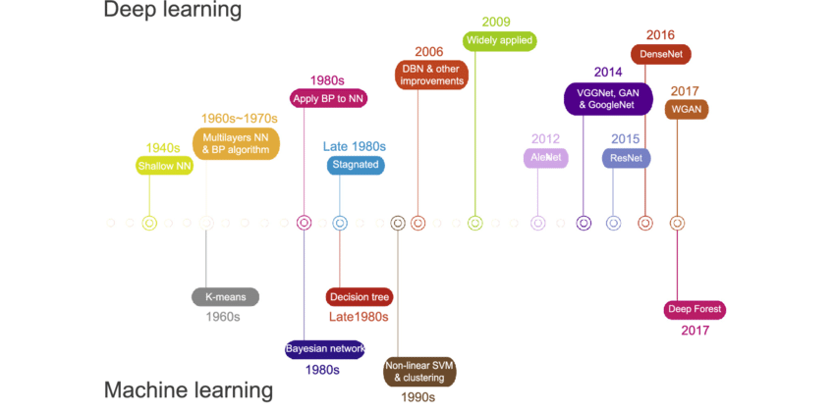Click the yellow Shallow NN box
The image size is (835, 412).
[x=164, y=166]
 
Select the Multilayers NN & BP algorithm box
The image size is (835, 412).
[x=236, y=143]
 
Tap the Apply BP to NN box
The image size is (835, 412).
[x=329, y=98]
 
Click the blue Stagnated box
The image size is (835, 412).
[x=356, y=165]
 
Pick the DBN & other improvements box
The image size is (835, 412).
[x=432, y=75]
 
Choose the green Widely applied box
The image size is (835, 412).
[x=500, y=41]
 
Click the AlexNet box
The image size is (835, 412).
[x=545, y=157]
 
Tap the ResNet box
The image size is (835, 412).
[x=626, y=157]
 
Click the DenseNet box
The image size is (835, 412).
[x=660, y=55]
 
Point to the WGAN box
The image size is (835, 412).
[x=686, y=110]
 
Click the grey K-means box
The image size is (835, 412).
[x=225, y=296]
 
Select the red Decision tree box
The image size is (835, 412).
[x=360, y=296]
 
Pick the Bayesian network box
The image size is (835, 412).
[x=325, y=348]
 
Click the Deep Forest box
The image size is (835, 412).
[x=696, y=310]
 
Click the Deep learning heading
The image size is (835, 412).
[x=172, y=11]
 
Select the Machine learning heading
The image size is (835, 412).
[x=189, y=390]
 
